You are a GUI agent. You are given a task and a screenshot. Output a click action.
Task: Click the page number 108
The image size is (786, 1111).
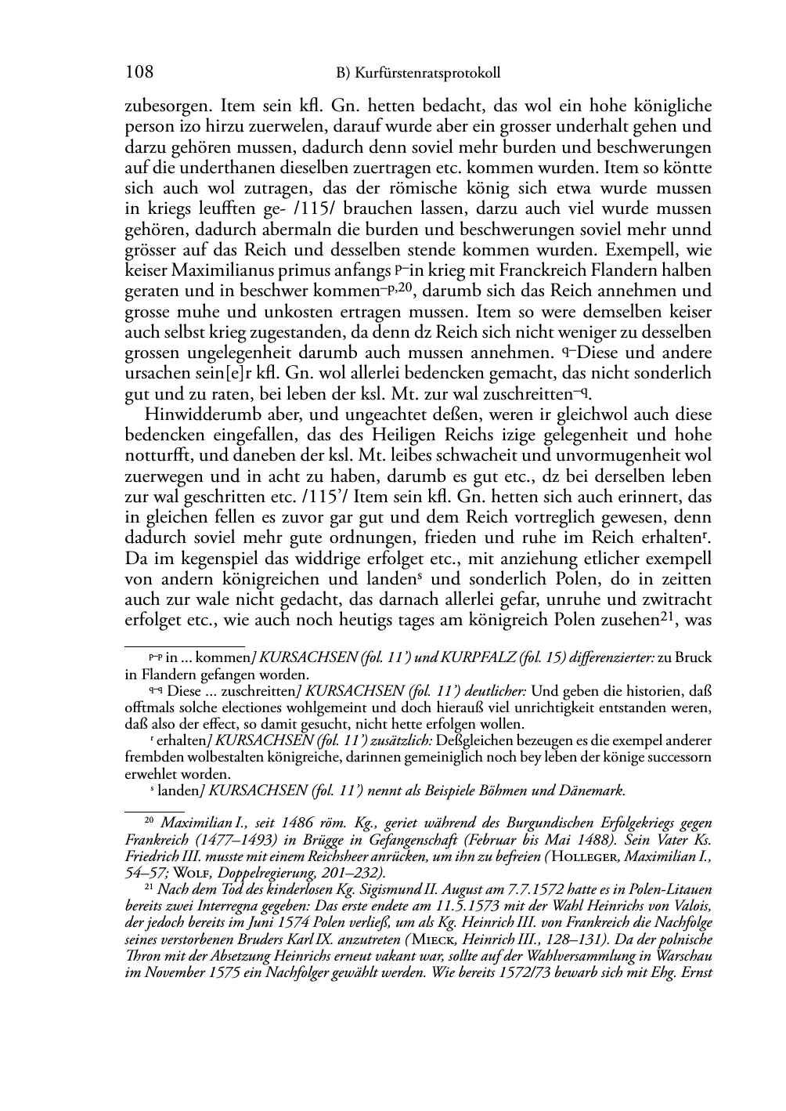click(139, 73)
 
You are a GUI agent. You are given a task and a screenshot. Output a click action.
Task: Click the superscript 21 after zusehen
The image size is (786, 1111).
click(666, 617)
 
